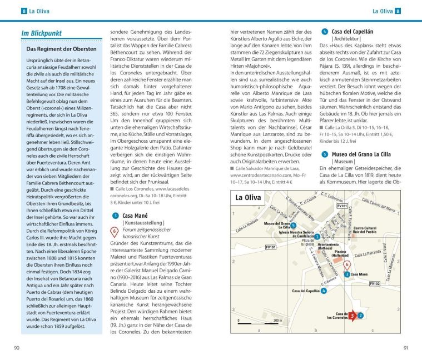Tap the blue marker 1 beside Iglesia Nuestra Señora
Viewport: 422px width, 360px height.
(x=317, y=236)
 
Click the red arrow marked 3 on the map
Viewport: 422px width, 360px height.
(x=352, y=316)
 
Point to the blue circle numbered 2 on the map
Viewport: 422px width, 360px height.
(x=361, y=316)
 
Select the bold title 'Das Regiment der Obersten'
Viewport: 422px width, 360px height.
(x=61, y=49)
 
